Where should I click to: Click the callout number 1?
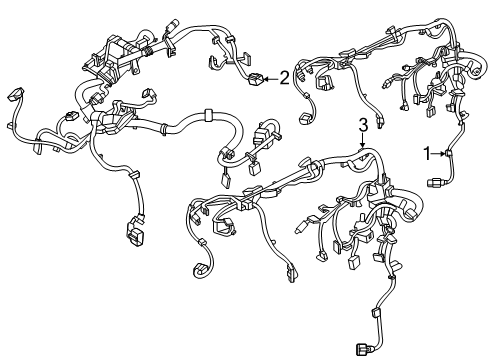click(427, 154)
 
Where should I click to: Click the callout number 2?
click(284, 79)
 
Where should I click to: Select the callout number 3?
click(363, 125)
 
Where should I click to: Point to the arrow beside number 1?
click(438, 153)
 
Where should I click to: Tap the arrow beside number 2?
click(271, 79)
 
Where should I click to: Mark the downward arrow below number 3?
click(363, 140)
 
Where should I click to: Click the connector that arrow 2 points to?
click(256, 79)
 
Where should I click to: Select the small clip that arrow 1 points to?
click(448, 154)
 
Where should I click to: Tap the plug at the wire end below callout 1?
click(433, 182)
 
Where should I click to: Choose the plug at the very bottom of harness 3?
click(363, 349)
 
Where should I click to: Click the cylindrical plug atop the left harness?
click(172, 25)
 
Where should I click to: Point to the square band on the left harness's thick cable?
click(208, 115)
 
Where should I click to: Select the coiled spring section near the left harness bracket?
click(149, 51)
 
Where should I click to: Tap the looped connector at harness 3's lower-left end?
click(201, 270)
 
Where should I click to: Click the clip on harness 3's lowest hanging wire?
click(376, 314)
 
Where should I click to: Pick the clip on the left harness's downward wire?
click(134, 174)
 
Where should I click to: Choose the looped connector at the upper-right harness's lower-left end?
click(306, 119)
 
